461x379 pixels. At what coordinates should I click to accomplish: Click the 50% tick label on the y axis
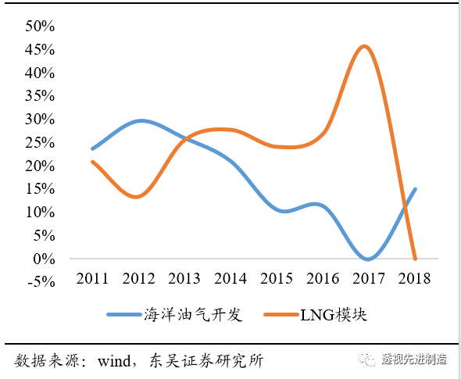click(x=40, y=27)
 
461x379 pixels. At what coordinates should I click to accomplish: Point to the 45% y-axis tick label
click(x=40, y=50)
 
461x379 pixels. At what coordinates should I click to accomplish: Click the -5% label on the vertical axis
click(x=41, y=282)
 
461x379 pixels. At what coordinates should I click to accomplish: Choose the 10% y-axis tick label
click(x=40, y=213)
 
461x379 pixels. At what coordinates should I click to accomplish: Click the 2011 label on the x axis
click(x=92, y=277)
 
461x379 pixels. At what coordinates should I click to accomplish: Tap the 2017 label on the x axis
click(x=367, y=277)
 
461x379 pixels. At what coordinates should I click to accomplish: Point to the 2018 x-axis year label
click(x=414, y=277)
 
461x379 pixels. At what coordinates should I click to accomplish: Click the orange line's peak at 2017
click(x=364, y=46)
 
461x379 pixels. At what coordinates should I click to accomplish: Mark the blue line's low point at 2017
click(x=368, y=259)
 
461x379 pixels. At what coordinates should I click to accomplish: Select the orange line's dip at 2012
click(x=137, y=197)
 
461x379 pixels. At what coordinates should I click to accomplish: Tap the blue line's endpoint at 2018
click(x=415, y=189)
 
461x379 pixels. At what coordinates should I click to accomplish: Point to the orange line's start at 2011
click(x=93, y=162)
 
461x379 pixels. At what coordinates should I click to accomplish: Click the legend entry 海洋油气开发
click(x=193, y=315)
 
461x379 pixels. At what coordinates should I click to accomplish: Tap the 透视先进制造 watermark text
click(x=413, y=359)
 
